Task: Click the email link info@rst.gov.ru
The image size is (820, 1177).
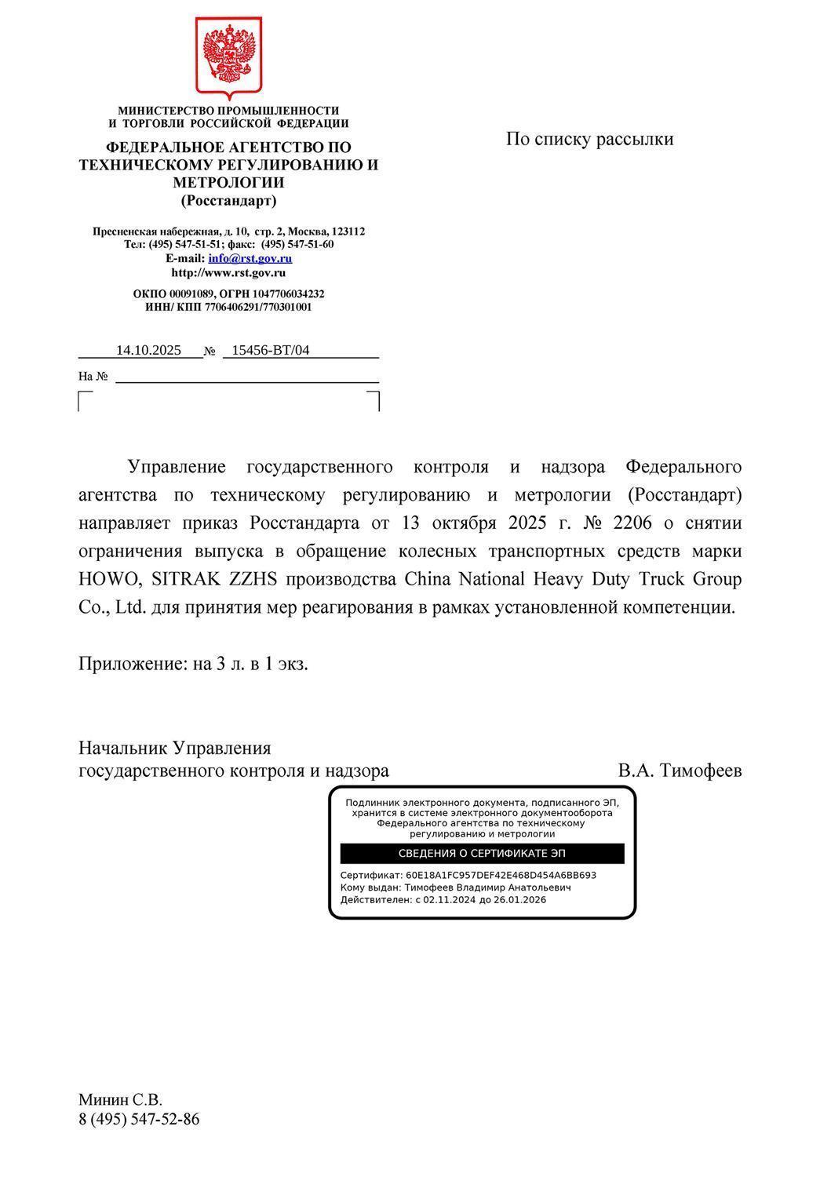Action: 250,258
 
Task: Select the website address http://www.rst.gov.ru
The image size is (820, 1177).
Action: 228,273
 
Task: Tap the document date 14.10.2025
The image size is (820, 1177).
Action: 148,350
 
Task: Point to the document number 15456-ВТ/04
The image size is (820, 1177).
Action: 271,350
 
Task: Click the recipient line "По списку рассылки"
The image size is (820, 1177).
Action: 589,140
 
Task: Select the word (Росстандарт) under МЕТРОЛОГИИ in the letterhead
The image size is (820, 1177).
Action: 228,201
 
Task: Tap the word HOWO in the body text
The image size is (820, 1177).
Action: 108,580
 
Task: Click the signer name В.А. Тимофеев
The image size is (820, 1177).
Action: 680,771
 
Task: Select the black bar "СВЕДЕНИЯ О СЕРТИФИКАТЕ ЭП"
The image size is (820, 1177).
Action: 482,854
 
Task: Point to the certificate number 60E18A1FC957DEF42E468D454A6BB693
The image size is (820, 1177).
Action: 501,875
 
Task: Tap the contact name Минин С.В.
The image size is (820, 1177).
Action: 120,1100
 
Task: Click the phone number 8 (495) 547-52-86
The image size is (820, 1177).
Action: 139,1120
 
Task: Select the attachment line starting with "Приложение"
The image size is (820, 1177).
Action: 193,664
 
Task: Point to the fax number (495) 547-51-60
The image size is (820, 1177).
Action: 297,245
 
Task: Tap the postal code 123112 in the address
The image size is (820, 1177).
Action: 348,231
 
